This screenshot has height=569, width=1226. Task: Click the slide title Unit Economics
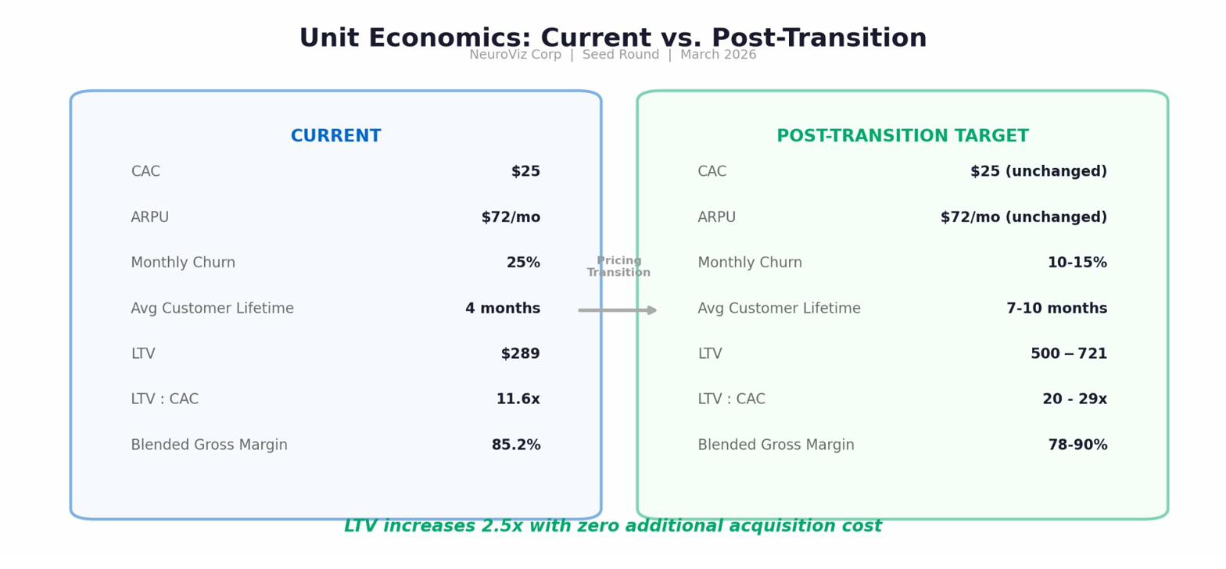(612, 38)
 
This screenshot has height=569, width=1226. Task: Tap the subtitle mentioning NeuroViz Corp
(612, 55)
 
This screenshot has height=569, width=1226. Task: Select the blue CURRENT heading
(335, 137)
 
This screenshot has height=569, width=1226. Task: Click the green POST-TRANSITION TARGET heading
(902, 137)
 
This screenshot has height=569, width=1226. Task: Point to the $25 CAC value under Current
(525, 172)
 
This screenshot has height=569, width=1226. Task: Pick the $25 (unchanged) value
(1038, 172)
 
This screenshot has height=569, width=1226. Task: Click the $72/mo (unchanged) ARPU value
(1023, 218)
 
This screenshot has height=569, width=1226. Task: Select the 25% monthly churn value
(523, 263)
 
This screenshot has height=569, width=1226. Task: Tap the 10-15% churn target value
(1077, 263)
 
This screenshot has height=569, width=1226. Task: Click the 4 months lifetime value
(503, 309)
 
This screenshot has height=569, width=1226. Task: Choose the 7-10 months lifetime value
(1056, 309)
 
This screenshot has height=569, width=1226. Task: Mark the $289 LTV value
(520, 354)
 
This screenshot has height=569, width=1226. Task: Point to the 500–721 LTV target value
(1068, 354)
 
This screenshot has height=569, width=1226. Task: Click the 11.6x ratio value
(518, 399)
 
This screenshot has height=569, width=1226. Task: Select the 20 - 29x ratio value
(1074, 399)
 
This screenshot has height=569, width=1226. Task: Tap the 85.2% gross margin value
(515, 446)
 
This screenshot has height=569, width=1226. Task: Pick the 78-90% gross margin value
(1077, 446)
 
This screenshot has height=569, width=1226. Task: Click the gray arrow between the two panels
(618, 310)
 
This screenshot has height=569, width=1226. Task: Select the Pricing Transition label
(618, 267)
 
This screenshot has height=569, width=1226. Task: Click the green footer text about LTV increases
(612, 527)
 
